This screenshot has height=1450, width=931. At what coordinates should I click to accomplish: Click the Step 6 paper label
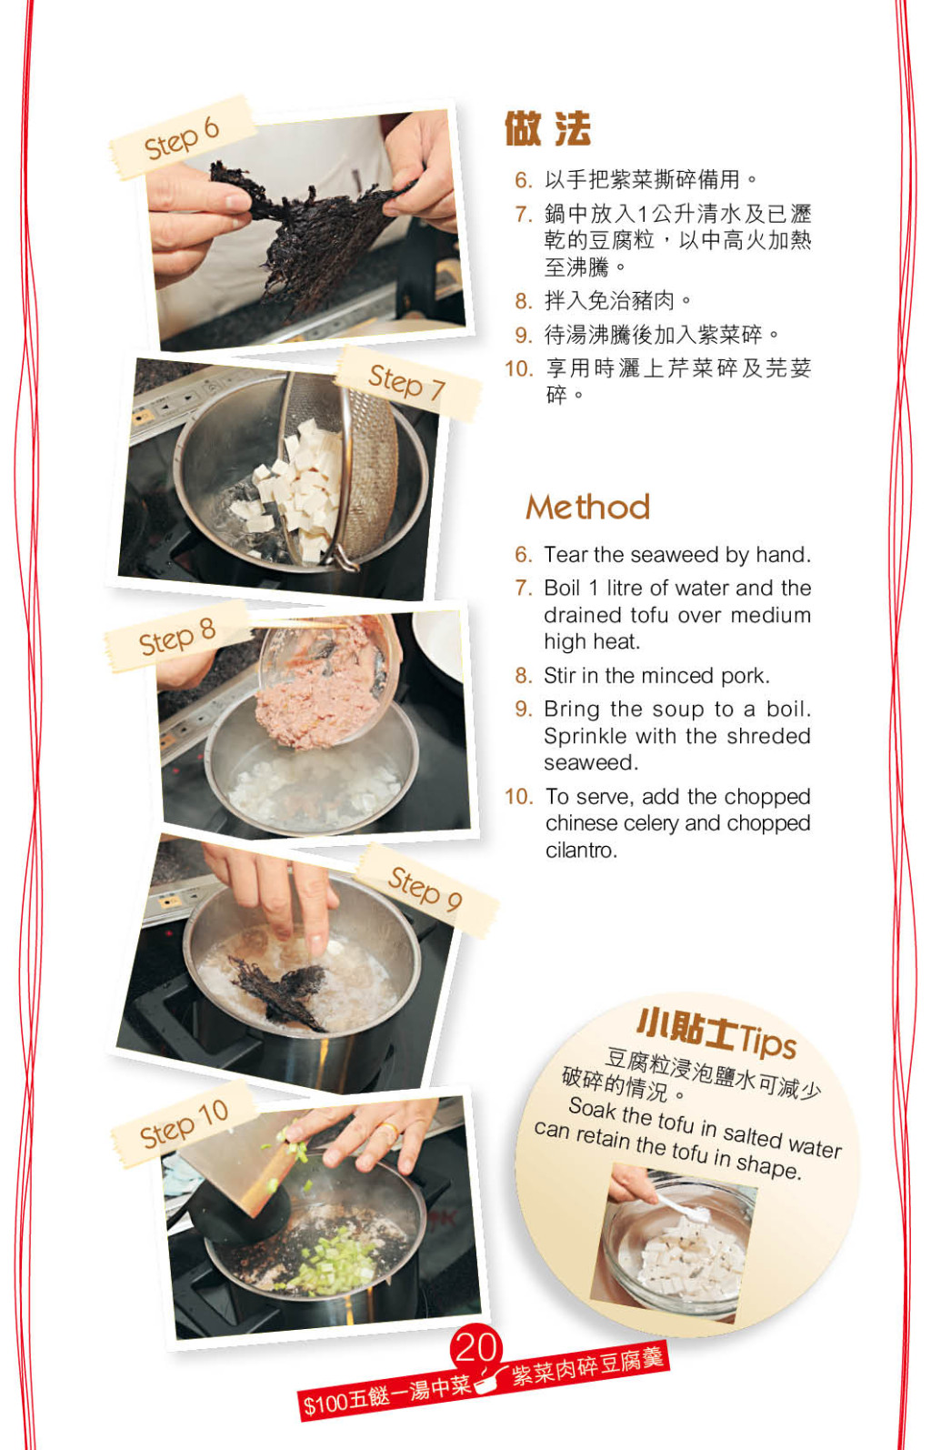[182, 137]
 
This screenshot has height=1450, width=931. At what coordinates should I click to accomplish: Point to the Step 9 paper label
[425, 889]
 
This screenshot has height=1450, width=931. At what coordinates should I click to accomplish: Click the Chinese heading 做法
[547, 129]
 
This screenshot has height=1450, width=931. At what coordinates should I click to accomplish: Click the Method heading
[587, 507]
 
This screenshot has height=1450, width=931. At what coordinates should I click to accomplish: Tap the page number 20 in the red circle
[476, 1348]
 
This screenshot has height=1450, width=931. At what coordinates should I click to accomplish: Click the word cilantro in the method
[581, 850]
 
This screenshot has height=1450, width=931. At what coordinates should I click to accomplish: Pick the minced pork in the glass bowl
[318, 698]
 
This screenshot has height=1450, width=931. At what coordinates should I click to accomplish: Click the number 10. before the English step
[519, 797]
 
